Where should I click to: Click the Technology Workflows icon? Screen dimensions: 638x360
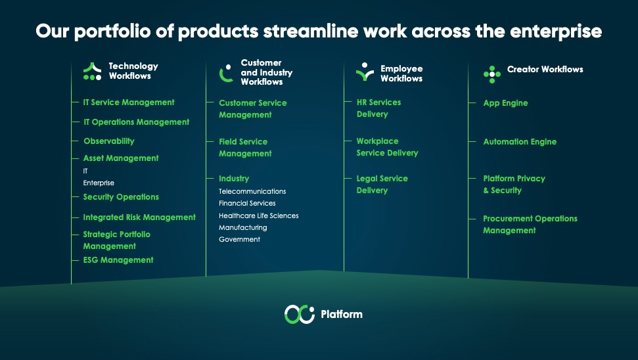click(93, 72)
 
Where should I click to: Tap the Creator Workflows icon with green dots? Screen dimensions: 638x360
click(492, 74)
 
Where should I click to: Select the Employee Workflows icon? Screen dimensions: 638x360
click(365, 72)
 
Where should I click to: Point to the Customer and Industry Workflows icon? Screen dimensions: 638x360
click(226, 73)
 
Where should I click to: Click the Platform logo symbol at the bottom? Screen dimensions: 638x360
click(300, 314)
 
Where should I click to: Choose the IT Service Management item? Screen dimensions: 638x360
click(129, 102)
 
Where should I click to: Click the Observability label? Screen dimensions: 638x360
click(108, 141)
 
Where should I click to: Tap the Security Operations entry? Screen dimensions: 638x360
click(121, 197)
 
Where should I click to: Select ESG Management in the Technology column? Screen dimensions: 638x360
click(118, 260)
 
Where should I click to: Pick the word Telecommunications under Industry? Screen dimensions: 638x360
click(252, 191)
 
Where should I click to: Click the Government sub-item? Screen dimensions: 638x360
click(239, 239)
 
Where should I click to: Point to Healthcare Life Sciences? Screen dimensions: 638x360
click(258, 215)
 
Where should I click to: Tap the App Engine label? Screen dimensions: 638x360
click(505, 103)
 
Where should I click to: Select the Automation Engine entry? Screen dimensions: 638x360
click(520, 142)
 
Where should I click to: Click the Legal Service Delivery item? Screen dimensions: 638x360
click(382, 185)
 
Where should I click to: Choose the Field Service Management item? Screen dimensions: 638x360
click(245, 147)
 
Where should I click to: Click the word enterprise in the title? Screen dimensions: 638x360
click(556, 32)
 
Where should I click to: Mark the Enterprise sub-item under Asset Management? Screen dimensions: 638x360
click(99, 183)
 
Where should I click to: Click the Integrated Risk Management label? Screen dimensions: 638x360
click(139, 217)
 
